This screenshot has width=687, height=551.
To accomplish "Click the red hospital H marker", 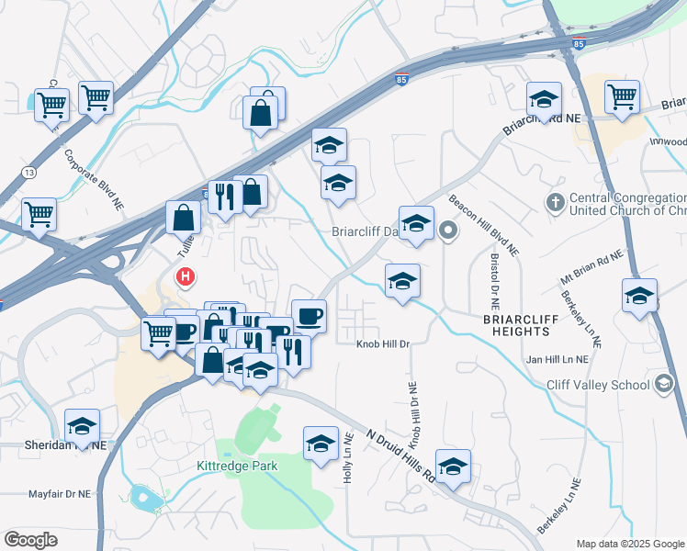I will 186,275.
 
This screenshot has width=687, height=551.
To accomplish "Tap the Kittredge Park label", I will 237,466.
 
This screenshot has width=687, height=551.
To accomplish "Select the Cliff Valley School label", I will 598,385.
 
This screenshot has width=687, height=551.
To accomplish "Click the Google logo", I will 30,540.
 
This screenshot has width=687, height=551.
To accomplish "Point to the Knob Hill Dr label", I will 382,343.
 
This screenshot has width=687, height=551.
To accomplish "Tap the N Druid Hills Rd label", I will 400,455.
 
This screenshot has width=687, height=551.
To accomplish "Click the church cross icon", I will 555,202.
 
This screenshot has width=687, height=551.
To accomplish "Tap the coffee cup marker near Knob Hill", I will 309,316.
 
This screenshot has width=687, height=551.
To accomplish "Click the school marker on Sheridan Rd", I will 82,426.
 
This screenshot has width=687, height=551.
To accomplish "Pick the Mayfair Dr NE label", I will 59,493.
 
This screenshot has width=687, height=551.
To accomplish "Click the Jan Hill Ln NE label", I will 556,360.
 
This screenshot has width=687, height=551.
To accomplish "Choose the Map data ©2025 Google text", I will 628,543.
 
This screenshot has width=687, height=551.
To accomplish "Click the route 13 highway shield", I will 30,172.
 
